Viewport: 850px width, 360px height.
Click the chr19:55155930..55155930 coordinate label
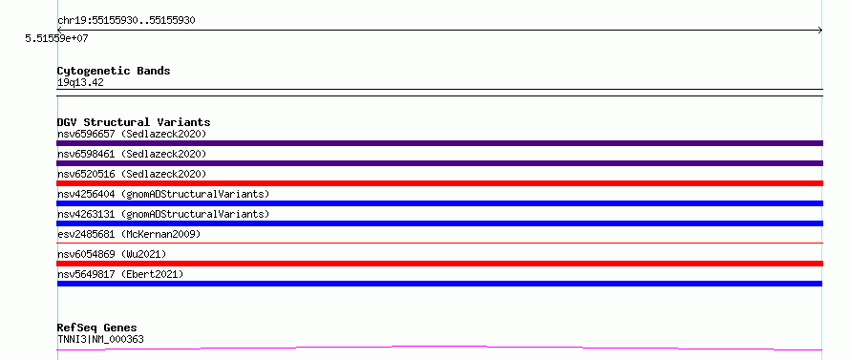point(126,21)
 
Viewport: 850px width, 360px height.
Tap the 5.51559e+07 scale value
point(56,38)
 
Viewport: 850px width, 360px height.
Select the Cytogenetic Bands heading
point(114,71)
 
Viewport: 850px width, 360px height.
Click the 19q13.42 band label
point(80,83)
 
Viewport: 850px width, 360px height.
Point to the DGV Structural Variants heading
point(134,122)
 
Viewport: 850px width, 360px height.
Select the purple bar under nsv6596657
point(439,143)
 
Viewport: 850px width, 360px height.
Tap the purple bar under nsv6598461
point(439,163)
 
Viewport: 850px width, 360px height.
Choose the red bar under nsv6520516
point(439,183)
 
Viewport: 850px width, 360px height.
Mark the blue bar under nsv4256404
point(439,203)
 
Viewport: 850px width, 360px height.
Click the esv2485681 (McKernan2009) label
point(129,234)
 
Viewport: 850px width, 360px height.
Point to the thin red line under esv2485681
point(439,243)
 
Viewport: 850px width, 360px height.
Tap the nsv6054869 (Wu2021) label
point(112,254)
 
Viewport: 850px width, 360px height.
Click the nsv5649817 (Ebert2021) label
point(120,274)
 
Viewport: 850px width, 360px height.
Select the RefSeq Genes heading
point(97,328)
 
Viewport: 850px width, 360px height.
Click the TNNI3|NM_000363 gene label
point(100,340)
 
